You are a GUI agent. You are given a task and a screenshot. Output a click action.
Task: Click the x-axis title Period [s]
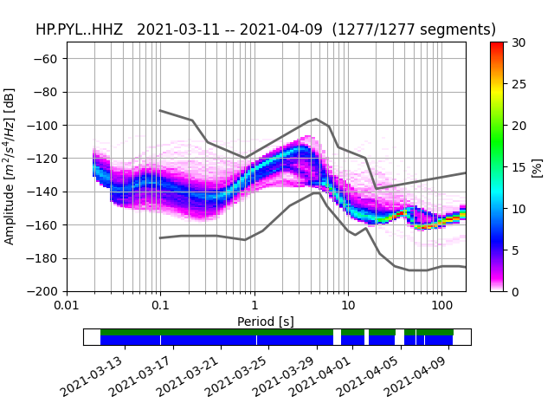(266, 322)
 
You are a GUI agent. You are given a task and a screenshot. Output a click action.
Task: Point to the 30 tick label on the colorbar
(518, 42)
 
